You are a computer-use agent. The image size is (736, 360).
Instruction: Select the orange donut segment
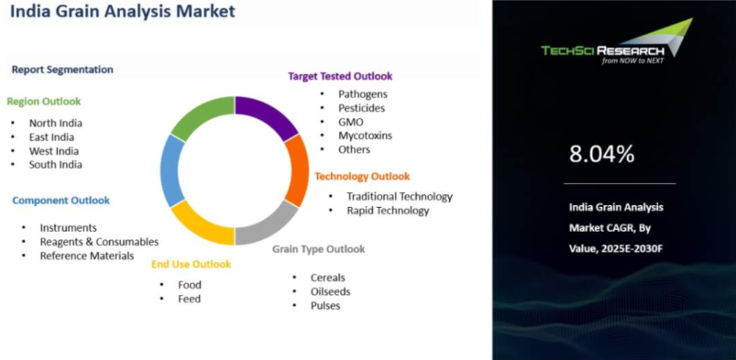coord(299,170)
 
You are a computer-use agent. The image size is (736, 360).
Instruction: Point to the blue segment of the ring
coord(170,170)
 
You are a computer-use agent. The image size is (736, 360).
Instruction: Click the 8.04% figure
coord(602,154)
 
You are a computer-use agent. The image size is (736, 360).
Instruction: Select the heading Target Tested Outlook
coord(340,76)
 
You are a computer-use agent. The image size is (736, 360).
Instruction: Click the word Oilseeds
coord(331,291)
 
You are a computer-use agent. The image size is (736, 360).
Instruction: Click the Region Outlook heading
coord(44,102)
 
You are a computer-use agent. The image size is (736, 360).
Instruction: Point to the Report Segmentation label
coord(62,70)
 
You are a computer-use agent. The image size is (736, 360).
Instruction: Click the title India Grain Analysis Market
coord(123,11)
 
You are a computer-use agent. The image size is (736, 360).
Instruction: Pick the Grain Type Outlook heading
coord(319,249)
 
